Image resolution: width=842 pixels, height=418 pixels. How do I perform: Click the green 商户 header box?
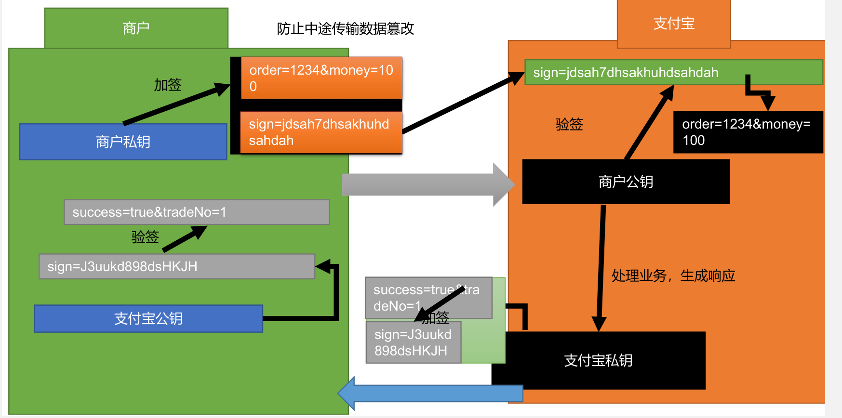point(136,28)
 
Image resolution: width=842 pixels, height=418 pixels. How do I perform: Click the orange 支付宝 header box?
point(673,23)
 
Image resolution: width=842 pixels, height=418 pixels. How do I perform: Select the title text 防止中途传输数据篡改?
point(345,29)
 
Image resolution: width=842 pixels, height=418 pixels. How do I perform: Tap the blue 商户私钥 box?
point(123,142)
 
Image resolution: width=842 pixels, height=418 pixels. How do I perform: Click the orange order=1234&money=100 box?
point(321,78)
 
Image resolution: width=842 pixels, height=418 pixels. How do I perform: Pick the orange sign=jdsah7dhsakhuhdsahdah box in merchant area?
point(321,132)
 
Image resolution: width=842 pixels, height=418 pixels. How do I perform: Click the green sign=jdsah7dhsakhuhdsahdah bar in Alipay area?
point(673,72)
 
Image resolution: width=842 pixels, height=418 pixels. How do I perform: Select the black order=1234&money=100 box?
point(748,132)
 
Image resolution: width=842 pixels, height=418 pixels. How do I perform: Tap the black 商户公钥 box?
point(626,182)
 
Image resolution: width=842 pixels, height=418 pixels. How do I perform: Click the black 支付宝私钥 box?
point(598,361)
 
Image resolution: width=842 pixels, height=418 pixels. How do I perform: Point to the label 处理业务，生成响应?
point(673,275)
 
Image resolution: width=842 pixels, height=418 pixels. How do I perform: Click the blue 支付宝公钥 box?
point(148,318)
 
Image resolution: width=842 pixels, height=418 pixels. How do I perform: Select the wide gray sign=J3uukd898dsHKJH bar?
point(176,266)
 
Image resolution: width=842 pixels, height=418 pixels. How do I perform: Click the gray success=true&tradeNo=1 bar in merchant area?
point(196,212)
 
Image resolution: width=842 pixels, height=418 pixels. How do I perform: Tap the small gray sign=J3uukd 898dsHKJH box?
point(413,342)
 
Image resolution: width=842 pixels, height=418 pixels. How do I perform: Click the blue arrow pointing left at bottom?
point(429,393)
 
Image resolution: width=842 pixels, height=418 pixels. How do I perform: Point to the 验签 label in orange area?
point(569,124)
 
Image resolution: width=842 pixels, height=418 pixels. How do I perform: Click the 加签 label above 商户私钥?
point(167,85)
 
